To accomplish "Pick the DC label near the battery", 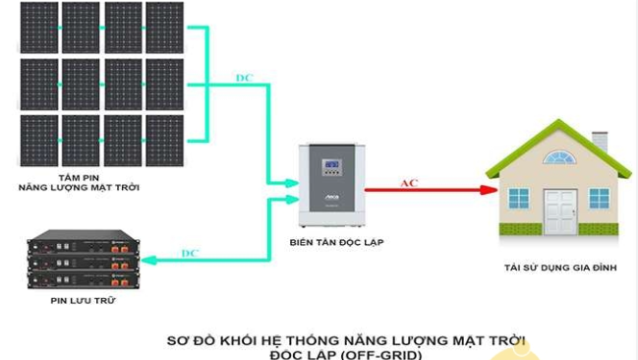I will point(190,253).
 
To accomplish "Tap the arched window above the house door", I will point(560,156).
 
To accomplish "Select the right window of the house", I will point(599,198).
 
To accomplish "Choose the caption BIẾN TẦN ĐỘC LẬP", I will point(333,240).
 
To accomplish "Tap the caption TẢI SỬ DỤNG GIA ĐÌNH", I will point(560,268).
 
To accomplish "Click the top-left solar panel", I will point(37,28).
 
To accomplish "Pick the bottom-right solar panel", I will point(164,141).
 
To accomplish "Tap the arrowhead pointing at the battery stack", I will point(146,261).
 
